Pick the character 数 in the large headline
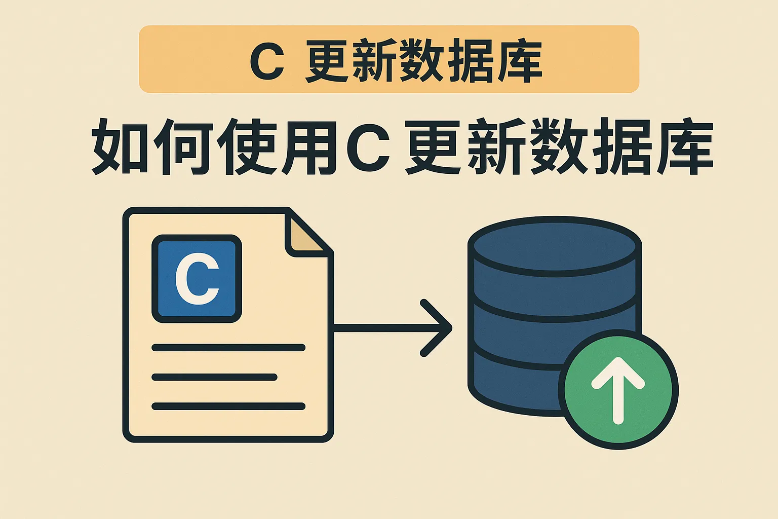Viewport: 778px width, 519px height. [x=558, y=146]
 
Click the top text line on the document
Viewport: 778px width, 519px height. [x=228, y=347]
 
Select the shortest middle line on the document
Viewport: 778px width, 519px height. [x=215, y=377]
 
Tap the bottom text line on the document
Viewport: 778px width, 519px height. [x=228, y=406]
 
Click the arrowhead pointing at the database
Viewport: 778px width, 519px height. [x=436, y=328]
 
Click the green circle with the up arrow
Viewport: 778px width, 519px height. [x=618, y=389]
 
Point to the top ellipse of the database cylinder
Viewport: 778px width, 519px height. [x=555, y=246]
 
